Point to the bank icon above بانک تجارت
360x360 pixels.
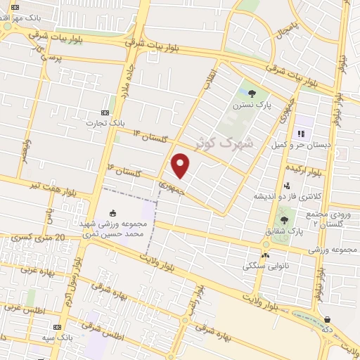point(105,112)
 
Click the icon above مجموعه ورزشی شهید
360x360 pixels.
point(113,212)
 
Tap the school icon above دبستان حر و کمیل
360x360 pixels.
point(300,133)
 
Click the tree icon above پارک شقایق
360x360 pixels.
point(284,220)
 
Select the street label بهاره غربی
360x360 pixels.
point(35,269)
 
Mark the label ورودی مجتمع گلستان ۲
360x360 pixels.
point(327,218)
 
